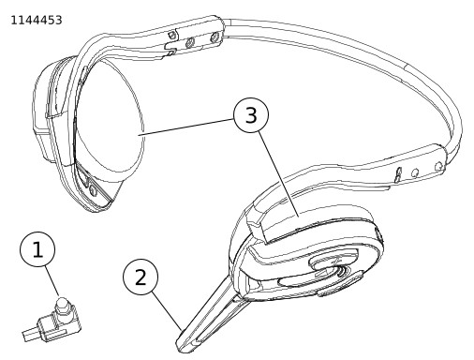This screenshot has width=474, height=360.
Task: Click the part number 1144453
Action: [x=37, y=21]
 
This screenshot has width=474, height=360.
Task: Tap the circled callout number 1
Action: [x=37, y=249]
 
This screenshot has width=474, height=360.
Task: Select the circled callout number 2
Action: [x=141, y=277]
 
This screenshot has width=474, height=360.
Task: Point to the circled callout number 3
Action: [x=251, y=114]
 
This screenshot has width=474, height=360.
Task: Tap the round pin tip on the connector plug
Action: [x=62, y=303]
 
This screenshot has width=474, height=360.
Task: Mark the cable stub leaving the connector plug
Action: [x=30, y=334]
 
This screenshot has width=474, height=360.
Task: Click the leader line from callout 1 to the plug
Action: [x=52, y=281]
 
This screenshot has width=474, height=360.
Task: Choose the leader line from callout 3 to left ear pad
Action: [x=185, y=127]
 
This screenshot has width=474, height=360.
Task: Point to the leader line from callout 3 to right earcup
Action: [x=278, y=174]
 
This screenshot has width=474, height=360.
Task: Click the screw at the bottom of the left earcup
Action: [x=93, y=189]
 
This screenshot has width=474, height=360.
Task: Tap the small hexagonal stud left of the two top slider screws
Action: [x=171, y=34]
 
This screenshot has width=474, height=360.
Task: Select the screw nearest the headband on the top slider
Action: [x=214, y=37]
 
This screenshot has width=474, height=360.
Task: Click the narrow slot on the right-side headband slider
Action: [x=398, y=174]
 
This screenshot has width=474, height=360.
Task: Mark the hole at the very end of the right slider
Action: [x=438, y=165]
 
